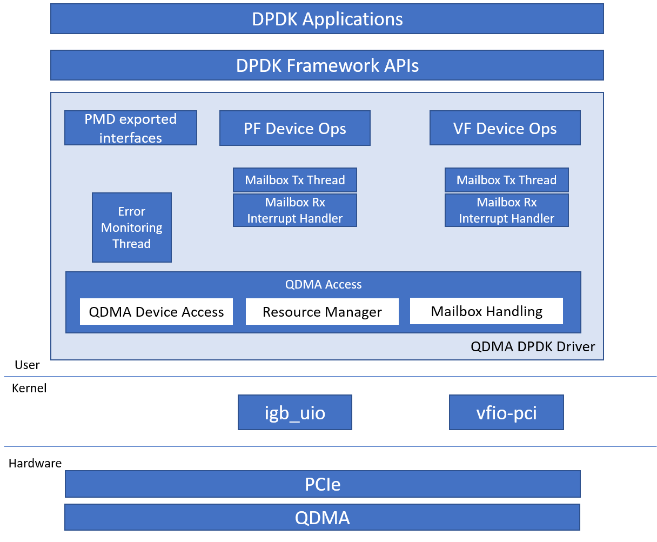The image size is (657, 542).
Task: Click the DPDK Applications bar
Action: tap(327, 19)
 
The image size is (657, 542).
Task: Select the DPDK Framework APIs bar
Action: tap(327, 65)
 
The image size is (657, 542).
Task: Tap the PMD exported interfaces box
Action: tap(131, 128)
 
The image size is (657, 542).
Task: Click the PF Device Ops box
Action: tap(294, 129)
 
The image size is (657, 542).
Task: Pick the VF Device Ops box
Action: tap(505, 129)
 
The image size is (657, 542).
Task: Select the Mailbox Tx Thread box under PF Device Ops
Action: tap(294, 180)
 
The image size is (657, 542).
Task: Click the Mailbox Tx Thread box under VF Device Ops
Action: tap(506, 180)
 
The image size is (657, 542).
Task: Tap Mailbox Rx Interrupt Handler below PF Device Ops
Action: tap(294, 210)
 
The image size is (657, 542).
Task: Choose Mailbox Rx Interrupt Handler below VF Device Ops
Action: tap(506, 210)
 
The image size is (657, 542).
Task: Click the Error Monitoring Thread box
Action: tap(132, 227)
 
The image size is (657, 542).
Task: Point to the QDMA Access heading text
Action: tap(323, 284)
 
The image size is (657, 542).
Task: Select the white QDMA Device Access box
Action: tap(156, 312)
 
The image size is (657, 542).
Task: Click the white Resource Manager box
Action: tap(322, 312)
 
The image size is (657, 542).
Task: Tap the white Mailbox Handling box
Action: tap(486, 311)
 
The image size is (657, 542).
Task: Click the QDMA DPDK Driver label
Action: tap(533, 346)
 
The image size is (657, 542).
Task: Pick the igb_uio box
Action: tap(294, 412)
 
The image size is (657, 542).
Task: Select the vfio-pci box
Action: tap(506, 412)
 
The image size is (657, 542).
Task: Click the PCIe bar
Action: tap(323, 484)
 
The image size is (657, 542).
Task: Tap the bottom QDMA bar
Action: tap(322, 517)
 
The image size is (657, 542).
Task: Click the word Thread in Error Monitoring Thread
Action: tap(131, 244)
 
